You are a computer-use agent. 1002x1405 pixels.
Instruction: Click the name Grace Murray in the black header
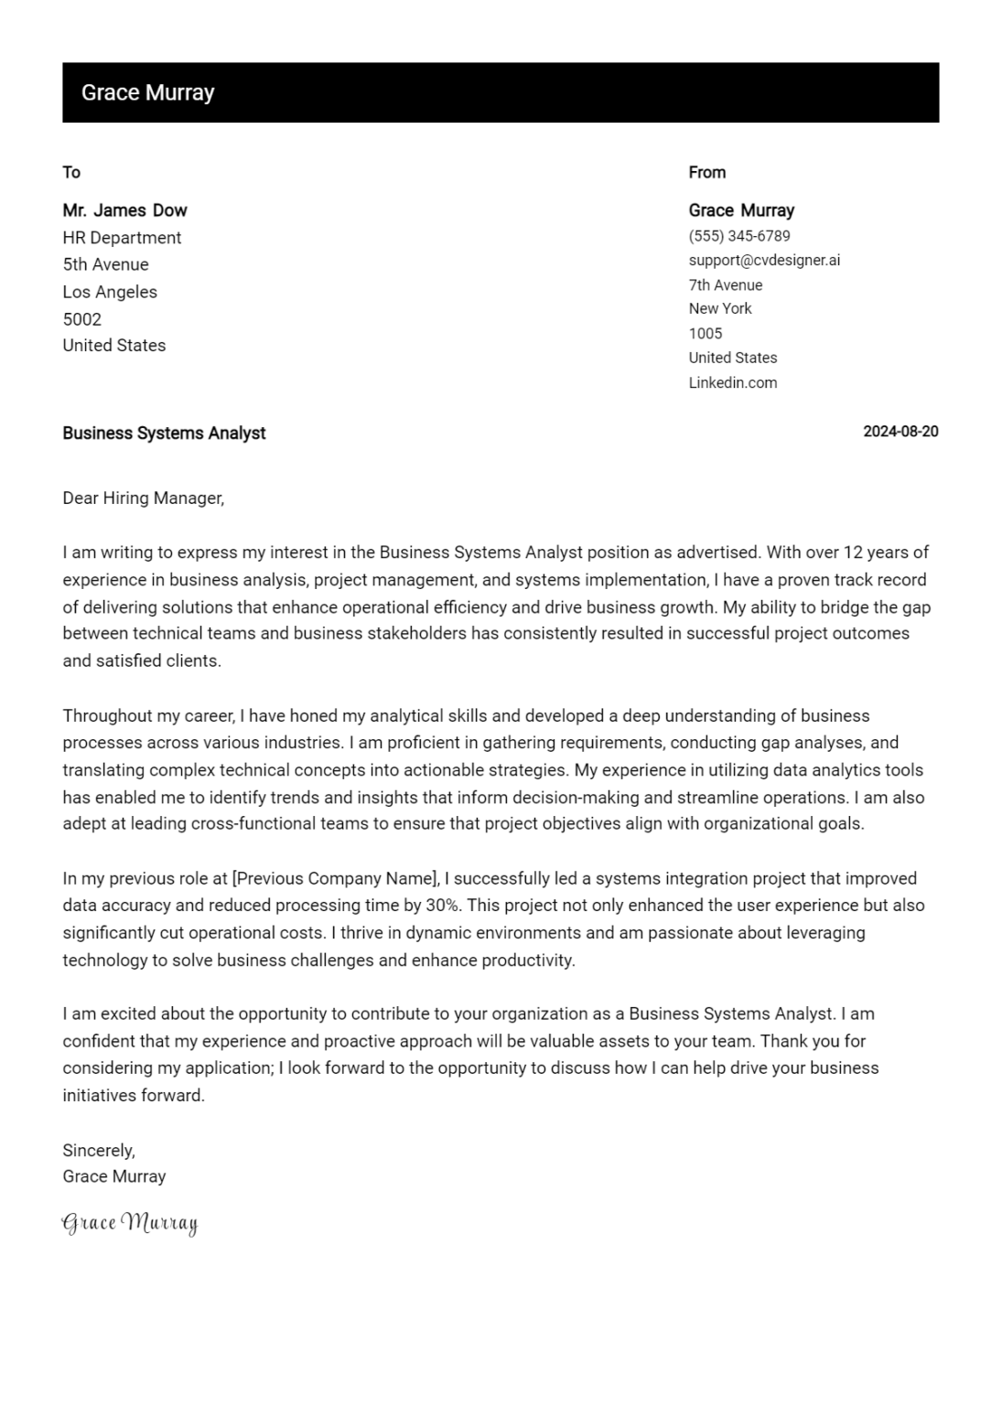coord(147,92)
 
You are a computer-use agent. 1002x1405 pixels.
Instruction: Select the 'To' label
coord(71,172)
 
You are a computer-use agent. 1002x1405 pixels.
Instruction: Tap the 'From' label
coord(706,172)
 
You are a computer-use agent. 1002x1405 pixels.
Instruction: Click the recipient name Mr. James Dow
coord(124,210)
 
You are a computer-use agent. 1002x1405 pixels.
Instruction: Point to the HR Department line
coord(122,238)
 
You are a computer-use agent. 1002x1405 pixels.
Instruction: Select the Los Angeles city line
coord(110,292)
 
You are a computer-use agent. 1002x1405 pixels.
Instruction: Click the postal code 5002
coord(81,319)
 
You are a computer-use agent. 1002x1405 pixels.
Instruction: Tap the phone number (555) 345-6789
coord(739,236)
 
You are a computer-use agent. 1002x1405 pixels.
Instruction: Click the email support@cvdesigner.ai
coord(764,260)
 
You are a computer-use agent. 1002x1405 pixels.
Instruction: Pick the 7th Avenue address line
coord(726,284)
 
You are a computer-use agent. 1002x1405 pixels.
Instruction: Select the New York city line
coord(720,308)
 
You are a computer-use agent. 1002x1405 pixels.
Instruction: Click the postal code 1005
coord(706,333)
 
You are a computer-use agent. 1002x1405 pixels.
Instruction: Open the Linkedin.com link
coord(732,382)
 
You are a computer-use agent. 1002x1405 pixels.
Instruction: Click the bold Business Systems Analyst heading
coord(164,434)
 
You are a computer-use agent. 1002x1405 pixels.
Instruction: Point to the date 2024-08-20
coord(900,432)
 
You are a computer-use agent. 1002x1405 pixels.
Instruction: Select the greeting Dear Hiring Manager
coord(143,499)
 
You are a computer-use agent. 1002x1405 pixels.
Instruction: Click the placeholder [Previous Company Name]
coord(336,879)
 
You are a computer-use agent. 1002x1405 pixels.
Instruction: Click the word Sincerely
coord(98,1151)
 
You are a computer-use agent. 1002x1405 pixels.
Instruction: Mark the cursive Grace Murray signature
coord(130,1223)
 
